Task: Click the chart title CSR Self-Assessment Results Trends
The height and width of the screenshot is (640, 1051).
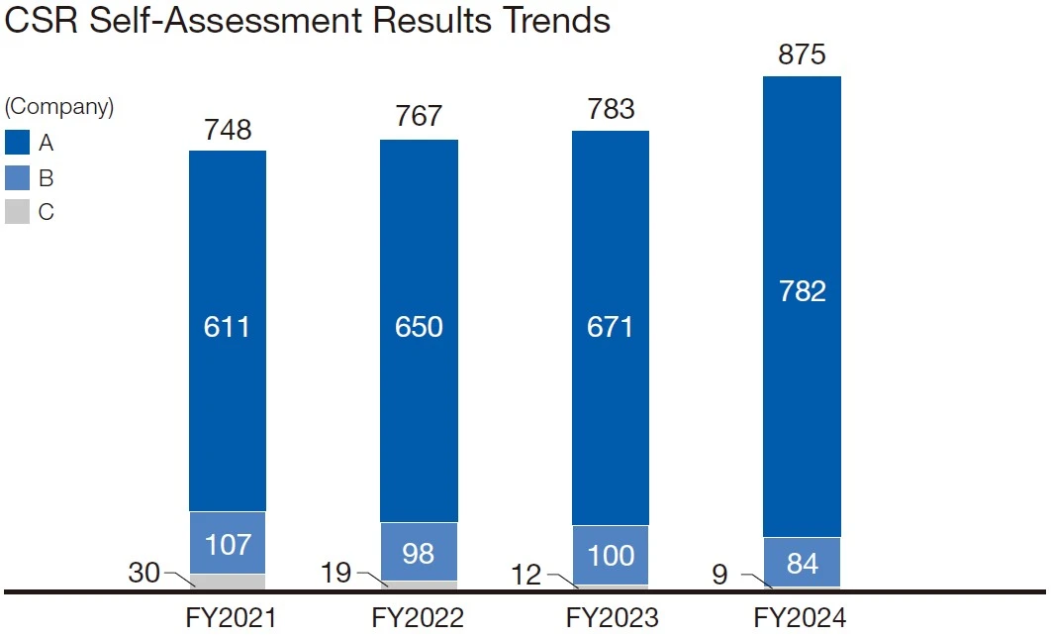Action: click(x=307, y=22)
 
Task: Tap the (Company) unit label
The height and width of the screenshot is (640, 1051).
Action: click(x=59, y=107)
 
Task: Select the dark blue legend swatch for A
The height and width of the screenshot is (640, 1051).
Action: click(x=17, y=143)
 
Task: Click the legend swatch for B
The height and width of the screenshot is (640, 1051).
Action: click(x=17, y=178)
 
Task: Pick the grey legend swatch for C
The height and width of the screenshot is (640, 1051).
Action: click(x=17, y=212)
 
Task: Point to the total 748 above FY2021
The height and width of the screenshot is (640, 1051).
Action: click(x=228, y=130)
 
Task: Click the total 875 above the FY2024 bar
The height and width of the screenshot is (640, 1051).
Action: click(x=802, y=55)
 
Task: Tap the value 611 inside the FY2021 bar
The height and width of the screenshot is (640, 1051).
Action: click(x=228, y=327)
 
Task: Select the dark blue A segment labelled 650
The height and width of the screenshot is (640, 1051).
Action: click(x=419, y=327)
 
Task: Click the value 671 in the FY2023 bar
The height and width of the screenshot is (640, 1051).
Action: click(x=611, y=327)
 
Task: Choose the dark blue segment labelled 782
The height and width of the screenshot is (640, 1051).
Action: click(x=802, y=292)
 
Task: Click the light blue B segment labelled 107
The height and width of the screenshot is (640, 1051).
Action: click(x=228, y=544)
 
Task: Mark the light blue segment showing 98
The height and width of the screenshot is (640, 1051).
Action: click(x=419, y=553)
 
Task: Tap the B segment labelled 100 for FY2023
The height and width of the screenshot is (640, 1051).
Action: click(x=611, y=555)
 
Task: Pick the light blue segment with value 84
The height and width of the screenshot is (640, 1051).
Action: click(x=802, y=563)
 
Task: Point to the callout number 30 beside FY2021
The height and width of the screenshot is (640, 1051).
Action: click(x=144, y=573)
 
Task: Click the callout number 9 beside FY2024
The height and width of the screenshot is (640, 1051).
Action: click(x=719, y=574)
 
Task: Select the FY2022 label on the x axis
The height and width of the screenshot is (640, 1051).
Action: click(x=418, y=619)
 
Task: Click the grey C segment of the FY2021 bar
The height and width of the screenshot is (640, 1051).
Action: click(x=228, y=582)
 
